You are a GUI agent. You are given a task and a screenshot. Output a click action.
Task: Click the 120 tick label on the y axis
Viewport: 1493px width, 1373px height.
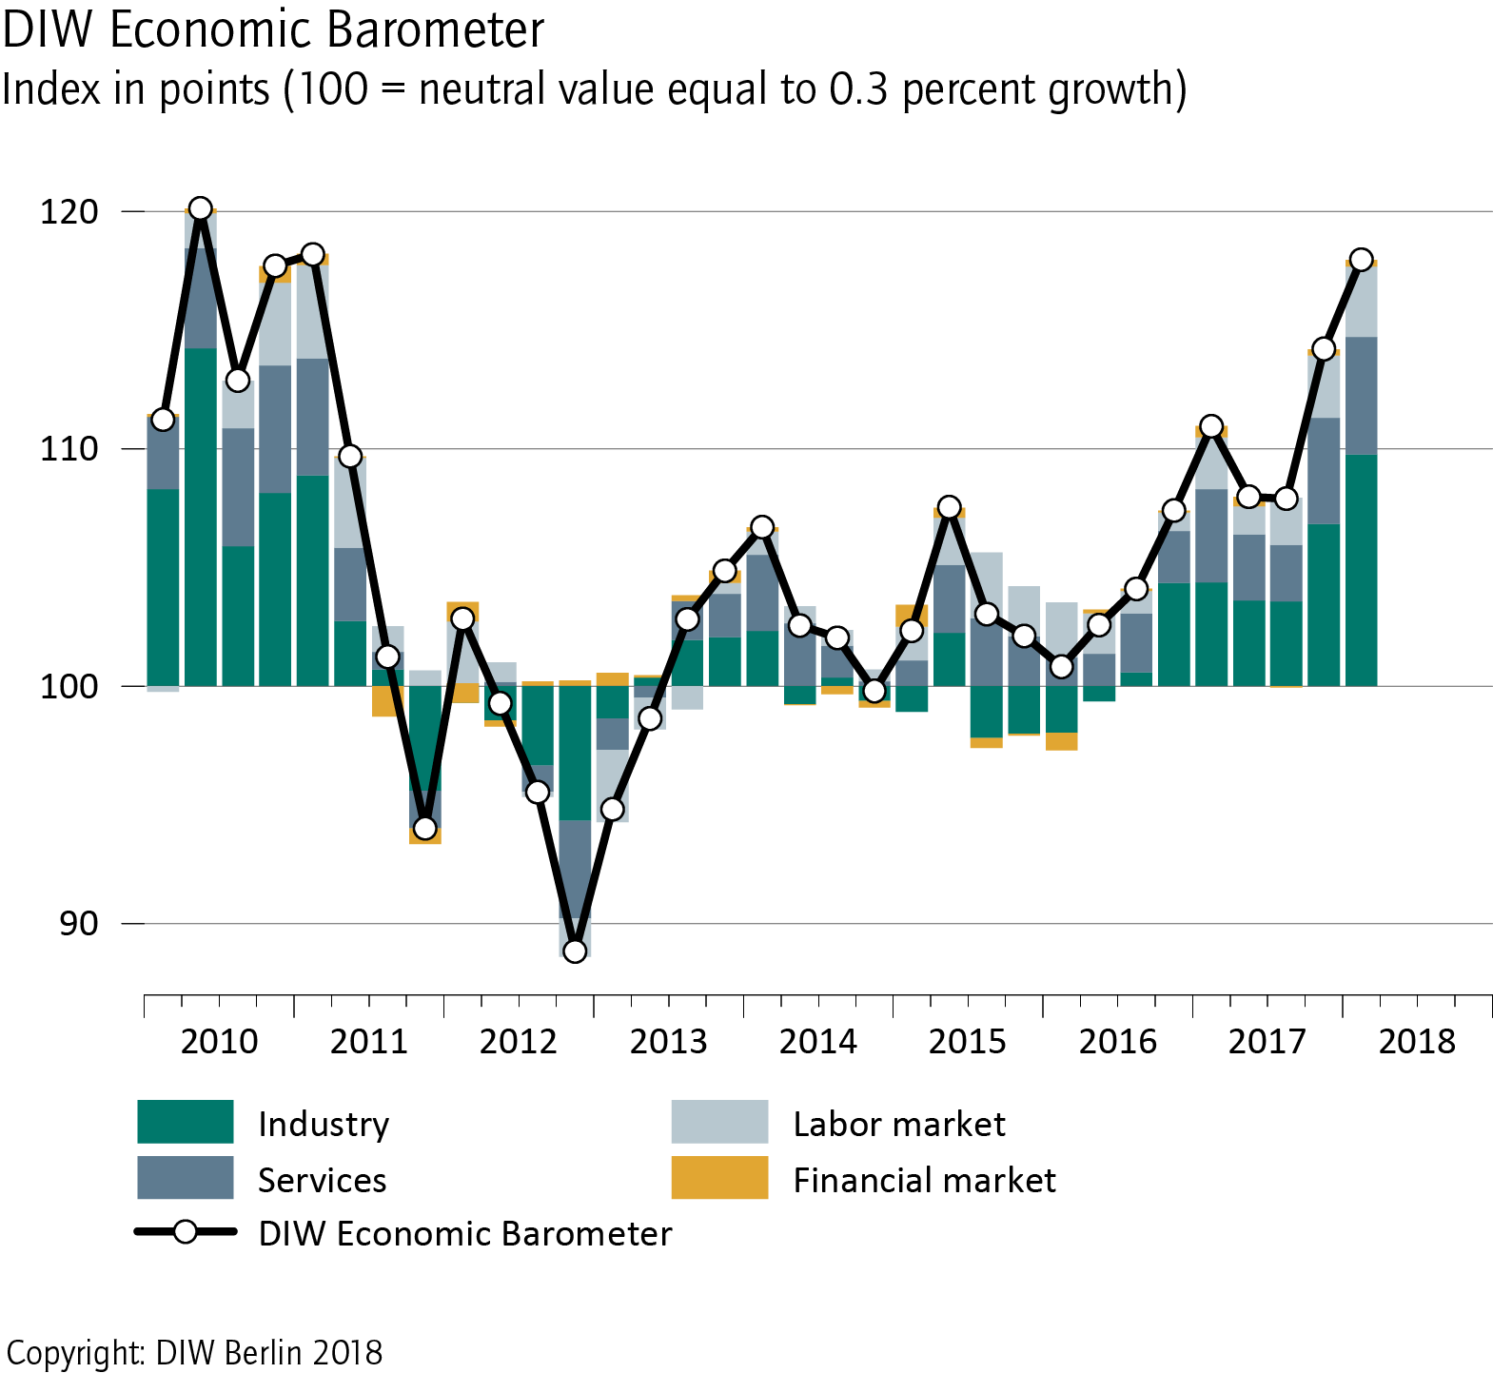click(69, 211)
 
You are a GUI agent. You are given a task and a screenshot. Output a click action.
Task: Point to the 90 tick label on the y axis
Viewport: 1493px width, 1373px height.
click(78, 923)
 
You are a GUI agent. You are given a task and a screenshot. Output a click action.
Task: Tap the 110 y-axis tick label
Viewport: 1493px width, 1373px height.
click(69, 448)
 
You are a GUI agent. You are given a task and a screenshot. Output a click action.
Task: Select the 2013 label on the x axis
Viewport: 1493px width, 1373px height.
click(668, 1041)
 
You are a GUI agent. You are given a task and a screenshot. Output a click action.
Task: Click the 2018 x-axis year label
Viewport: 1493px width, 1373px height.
click(1417, 1041)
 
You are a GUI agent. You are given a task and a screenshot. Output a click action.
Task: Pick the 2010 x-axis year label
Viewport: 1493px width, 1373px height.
click(219, 1041)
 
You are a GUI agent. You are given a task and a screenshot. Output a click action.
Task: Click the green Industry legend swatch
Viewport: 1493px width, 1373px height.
click(186, 1122)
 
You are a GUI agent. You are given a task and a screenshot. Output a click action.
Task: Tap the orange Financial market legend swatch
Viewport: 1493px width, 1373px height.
click(719, 1178)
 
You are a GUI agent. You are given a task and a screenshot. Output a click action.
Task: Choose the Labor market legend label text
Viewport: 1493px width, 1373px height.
click(899, 1124)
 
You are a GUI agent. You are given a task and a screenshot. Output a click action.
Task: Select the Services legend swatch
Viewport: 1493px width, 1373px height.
click(186, 1178)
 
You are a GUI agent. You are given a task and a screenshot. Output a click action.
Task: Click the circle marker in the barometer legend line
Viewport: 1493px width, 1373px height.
click(186, 1232)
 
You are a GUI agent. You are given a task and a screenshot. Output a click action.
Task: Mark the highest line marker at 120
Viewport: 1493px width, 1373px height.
click(201, 209)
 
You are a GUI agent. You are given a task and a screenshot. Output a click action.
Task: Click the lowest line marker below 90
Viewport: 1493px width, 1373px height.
click(575, 951)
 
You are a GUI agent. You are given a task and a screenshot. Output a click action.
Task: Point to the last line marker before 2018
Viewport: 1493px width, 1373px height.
click(1361, 260)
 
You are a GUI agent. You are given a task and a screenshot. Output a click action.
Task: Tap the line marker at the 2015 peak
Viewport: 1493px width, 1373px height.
click(949, 507)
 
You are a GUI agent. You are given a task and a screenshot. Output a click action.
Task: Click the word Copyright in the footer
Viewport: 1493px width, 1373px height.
click(76, 1352)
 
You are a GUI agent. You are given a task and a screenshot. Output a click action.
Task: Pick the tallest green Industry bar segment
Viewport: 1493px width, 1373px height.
click(201, 517)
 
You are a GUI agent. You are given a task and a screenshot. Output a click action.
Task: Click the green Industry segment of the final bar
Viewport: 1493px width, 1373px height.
click(1361, 570)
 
